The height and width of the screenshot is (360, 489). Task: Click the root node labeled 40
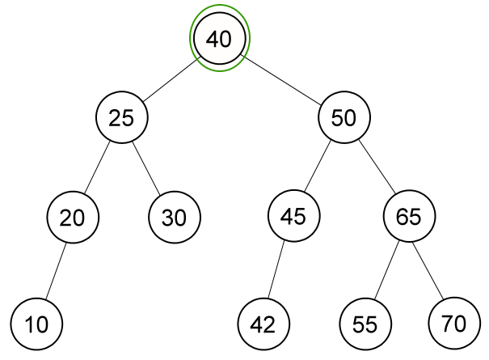coord(219,39)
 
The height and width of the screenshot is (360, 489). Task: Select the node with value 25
coord(121,118)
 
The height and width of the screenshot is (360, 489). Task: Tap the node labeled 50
coord(344,118)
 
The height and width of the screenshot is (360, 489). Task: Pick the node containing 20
coord(72,217)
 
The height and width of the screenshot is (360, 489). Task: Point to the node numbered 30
coord(174,217)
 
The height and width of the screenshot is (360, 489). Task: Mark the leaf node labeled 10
coord(37,324)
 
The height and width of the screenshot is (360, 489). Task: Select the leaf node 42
coord(263,324)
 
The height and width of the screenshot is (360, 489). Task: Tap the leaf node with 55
coord(365,324)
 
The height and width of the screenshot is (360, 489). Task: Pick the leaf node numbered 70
coord(453,324)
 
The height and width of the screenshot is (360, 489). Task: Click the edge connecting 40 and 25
coord(171,78)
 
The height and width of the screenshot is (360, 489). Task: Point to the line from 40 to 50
coord(282,78)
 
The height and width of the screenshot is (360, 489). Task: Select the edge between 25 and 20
coord(97,167)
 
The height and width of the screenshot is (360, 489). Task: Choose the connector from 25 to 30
coord(147,167)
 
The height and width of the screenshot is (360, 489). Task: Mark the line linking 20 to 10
coord(55,270)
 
